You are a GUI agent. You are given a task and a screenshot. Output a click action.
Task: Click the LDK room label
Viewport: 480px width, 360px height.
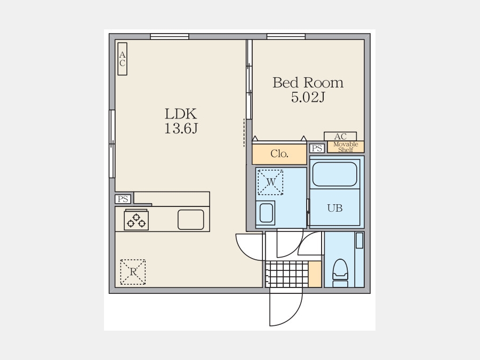tap(181, 114)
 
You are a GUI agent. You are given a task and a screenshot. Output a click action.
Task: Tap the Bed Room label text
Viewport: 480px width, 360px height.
tap(308, 83)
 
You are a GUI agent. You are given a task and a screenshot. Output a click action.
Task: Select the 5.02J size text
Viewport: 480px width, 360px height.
tap(308, 97)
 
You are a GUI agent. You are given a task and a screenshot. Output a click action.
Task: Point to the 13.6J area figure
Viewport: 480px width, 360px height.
tap(181, 128)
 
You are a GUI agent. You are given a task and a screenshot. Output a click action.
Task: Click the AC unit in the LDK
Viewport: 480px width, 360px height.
tap(123, 59)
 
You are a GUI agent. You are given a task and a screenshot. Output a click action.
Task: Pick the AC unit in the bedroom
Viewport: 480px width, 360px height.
tap(340, 136)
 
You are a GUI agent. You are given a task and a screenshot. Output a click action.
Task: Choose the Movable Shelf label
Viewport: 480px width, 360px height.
tap(346, 147)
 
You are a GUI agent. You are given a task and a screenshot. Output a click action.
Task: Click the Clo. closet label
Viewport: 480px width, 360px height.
tap(279, 154)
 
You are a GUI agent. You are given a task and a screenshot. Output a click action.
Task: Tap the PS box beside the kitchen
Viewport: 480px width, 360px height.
tap(123, 199)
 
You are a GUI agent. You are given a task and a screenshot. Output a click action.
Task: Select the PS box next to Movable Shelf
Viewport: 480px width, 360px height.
tap(317, 148)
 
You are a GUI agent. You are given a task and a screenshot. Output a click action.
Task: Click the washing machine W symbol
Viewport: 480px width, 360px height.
tap(270, 182)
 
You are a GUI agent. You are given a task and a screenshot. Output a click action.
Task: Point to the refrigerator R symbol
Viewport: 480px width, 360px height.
tap(133, 272)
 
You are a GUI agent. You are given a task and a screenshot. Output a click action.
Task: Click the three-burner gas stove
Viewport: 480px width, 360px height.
tap(136, 220)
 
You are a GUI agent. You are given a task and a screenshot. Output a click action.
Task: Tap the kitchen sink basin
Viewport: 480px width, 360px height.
tap(191, 220)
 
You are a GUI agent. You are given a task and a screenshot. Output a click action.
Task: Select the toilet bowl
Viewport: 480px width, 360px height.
tap(340, 273)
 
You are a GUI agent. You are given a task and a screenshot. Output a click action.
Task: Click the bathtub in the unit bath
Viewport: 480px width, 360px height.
tap(335, 174)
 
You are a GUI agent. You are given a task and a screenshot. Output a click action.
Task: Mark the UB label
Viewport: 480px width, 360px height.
tap(335, 208)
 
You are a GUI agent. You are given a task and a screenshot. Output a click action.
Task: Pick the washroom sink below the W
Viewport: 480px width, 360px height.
tap(266, 213)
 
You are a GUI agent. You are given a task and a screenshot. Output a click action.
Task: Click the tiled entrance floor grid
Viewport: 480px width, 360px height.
tap(287, 274)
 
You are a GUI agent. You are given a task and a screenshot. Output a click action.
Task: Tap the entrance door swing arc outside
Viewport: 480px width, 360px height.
tap(294, 316)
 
